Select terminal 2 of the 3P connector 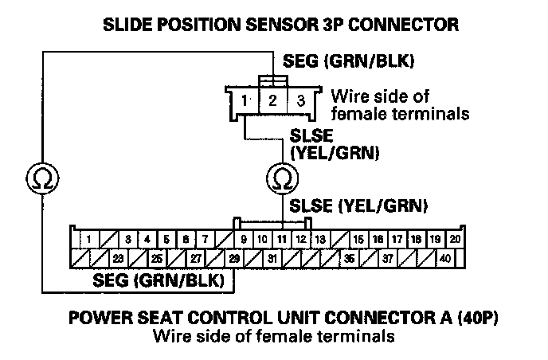click(x=272, y=101)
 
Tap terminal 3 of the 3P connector click(x=299, y=101)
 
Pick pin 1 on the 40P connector click(x=89, y=239)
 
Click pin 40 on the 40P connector click(x=444, y=258)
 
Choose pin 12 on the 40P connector click(x=299, y=239)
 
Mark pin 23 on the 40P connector click(x=118, y=258)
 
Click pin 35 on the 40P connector click(x=348, y=258)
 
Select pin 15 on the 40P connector click(x=358, y=239)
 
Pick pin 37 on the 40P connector click(x=387, y=258)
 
